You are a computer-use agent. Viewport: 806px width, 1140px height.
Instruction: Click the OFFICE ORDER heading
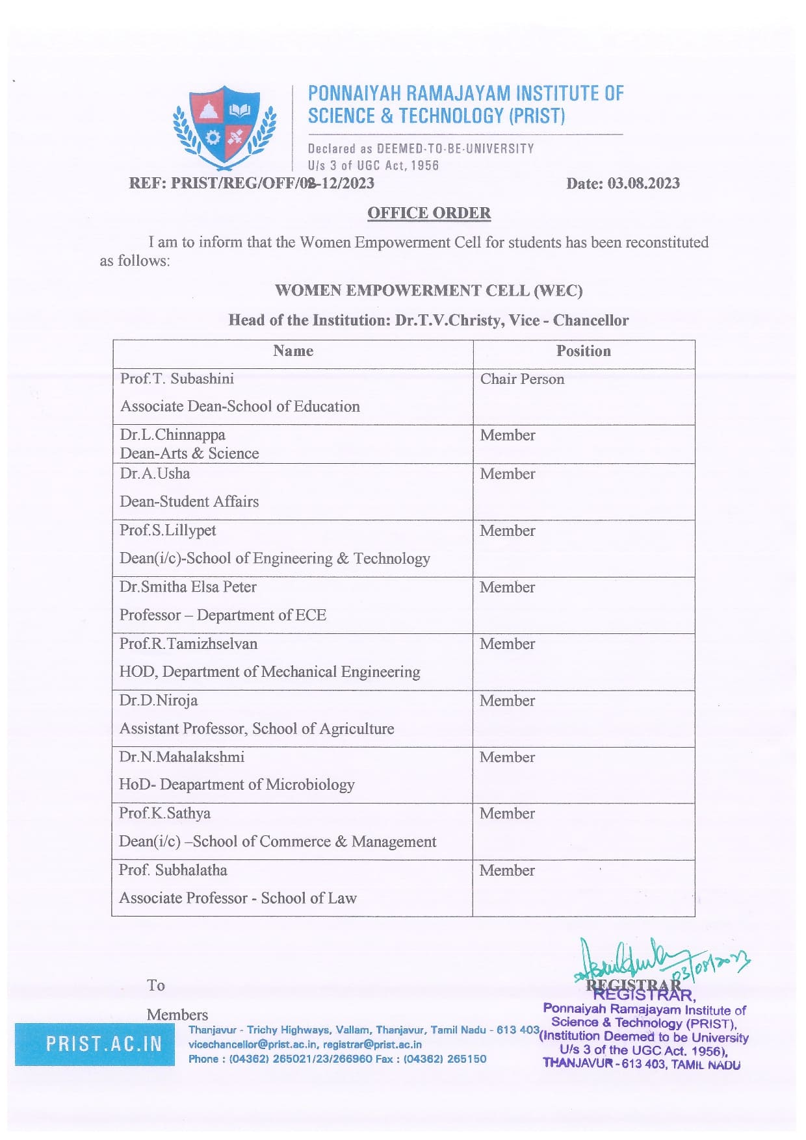pyautogui.click(x=429, y=213)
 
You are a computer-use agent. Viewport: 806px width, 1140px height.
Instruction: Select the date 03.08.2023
pyautogui.click(x=643, y=184)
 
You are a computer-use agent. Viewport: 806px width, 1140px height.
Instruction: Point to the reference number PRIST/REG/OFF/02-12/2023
pyautogui.click(x=272, y=183)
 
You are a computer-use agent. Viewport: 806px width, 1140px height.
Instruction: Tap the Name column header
pyautogui.click(x=293, y=351)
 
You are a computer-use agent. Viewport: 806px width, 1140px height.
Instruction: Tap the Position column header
pyautogui.click(x=583, y=351)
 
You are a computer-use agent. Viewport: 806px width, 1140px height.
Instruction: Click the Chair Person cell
pyautogui.click(x=522, y=379)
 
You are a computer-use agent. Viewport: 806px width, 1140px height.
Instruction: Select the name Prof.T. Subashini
pyautogui.click(x=177, y=379)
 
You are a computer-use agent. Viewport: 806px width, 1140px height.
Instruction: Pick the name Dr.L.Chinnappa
pyautogui.click(x=172, y=435)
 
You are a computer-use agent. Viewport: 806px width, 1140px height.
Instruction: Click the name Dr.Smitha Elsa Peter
pyautogui.click(x=188, y=587)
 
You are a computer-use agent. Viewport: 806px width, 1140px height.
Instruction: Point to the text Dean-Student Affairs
pyautogui.click(x=189, y=501)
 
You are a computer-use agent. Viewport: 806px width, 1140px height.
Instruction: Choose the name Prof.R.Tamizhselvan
pyautogui.click(x=188, y=644)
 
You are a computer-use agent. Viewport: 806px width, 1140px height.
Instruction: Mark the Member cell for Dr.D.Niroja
pyautogui.click(x=507, y=701)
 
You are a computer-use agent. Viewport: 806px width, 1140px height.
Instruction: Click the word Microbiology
pyautogui.click(x=311, y=785)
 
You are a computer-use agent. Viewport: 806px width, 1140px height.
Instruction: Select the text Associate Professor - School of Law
pyautogui.click(x=238, y=898)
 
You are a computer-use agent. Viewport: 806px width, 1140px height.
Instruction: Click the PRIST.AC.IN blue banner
pyautogui.click(x=95, y=1044)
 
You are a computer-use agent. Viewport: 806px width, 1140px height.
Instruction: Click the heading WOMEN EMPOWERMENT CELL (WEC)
pyautogui.click(x=428, y=290)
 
